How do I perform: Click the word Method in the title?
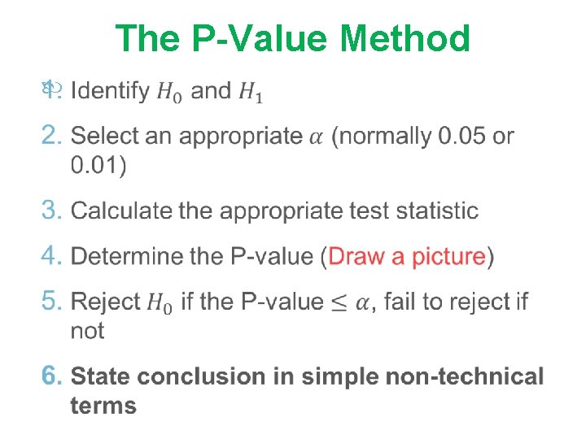click(405, 39)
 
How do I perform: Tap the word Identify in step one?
click(110, 90)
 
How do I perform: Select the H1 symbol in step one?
click(251, 92)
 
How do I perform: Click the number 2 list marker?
click(50, 136)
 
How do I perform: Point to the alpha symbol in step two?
click(317, 137)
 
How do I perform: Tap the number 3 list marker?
click(50, 211)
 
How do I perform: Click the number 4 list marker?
click(50, 256)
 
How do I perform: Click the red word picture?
click(444, 257)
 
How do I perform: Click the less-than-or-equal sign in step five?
click(339, 302)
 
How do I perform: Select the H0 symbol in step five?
click(160, 303)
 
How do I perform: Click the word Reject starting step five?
click(106, 302)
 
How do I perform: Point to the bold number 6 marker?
click(51, 376)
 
